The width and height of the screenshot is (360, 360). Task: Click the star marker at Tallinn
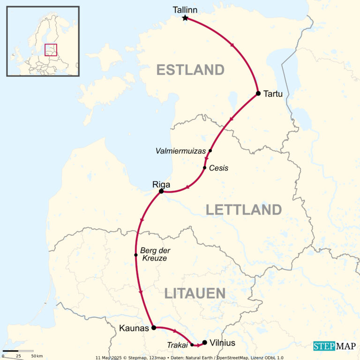[185, 18]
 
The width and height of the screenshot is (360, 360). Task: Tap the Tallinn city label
[185, 9]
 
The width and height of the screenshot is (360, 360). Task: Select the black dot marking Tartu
[258, 93]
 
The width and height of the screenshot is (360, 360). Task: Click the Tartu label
[273, 94]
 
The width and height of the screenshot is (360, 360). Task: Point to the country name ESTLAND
[190, 70]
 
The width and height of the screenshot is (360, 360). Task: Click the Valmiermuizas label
[181, 151]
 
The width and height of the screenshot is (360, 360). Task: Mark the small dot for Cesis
[205, 167]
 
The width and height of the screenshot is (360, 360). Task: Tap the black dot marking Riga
[161, 191]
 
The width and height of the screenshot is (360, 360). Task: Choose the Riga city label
[161, 184]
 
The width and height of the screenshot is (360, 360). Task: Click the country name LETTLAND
[243, 210]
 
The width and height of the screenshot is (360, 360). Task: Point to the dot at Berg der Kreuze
[136, 255]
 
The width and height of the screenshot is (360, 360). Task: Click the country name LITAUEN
[195, 293]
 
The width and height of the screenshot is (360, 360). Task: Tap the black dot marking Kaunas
[154, 328]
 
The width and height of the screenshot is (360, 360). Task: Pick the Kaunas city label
[135, 328]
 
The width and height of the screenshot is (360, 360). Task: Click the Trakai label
[177, 345]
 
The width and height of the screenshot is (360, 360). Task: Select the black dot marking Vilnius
[204, 342]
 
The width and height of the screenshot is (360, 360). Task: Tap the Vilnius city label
[223, 343]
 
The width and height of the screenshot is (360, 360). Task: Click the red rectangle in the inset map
[51, 50]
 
